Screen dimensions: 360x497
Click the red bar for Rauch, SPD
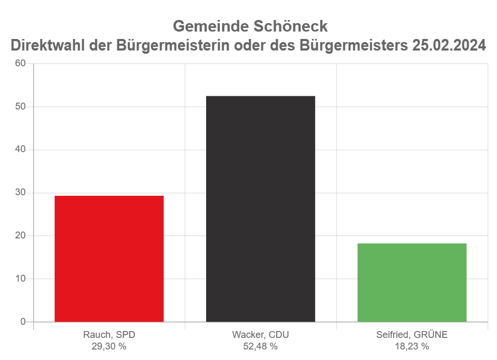[x=109, y=258]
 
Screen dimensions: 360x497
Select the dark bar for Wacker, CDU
[x=260, y=208]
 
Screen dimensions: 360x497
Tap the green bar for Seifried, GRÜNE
[x=412, y=282]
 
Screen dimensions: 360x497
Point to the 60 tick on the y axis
[x=21, y=64]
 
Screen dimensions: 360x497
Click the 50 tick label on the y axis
[x=21, y=107]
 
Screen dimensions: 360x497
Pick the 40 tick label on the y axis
[x=21, y=149]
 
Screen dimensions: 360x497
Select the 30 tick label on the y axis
[x=21, y=193]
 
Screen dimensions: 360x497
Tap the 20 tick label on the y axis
[x=21, y=236]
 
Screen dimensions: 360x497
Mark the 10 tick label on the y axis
[x=21, y=278]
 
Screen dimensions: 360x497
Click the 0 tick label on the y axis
[x=23, y=322]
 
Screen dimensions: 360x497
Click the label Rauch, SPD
[x=109, y=335]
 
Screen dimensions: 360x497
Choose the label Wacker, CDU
[x=260, y=335]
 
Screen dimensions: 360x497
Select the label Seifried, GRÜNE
[x=412, y=335]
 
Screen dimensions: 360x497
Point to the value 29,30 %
[x=109, y=346]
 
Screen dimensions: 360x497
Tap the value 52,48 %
[x=260, y=346]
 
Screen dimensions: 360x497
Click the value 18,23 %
[x=412, y=346]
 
